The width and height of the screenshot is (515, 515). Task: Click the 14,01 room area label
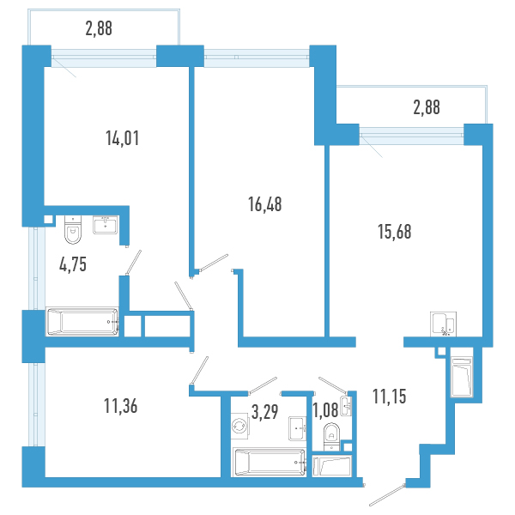(122, 138)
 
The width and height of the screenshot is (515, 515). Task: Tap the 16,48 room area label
(264, 204)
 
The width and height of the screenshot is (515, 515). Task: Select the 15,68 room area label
(394, 232)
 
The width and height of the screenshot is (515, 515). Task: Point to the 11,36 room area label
(120, 406)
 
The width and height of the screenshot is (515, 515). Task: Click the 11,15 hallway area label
(389, 396)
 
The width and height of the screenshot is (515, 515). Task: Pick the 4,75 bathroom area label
(73, 264)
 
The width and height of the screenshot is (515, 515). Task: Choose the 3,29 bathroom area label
(264, 412)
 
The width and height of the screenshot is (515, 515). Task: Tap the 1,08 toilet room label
(325, 410)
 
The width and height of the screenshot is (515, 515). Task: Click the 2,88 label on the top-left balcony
(99, 28)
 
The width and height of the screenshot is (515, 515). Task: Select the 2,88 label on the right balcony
(427, 107)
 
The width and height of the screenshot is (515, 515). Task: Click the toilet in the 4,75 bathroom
(73, 229)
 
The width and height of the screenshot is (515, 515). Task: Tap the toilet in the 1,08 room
(331, 437)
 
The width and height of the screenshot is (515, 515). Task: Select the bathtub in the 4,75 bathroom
(82, 322)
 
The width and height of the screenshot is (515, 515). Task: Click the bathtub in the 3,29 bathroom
(270, 462)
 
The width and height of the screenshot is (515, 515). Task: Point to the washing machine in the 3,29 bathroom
(239, 426)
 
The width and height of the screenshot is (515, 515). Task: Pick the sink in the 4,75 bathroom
(105, 225)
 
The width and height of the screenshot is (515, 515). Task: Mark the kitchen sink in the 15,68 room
(444, 324)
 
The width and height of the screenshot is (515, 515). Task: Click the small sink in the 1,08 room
(346, 407)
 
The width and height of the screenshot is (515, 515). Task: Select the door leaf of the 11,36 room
(199, 370)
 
